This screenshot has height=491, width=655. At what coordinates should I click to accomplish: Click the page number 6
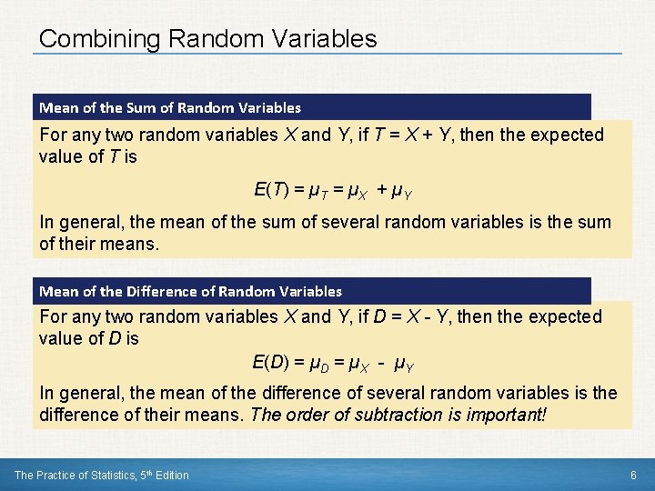coord(633,475)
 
